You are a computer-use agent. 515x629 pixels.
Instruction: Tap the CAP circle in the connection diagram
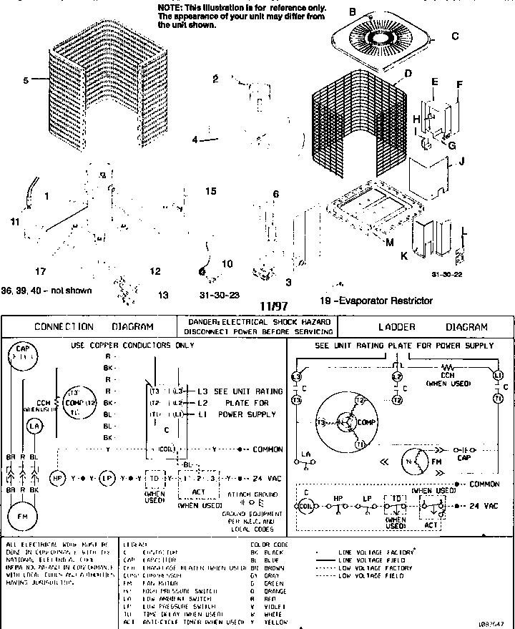[22, 355]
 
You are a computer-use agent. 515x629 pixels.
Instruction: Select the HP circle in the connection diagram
[57, 477]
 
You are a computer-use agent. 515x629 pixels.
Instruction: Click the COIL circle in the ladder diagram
[305, 505]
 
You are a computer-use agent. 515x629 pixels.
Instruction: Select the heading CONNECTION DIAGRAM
[94, 327]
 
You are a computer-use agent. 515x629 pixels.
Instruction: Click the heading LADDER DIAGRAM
[426, 327]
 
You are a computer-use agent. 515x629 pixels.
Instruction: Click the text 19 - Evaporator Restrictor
[376, 301]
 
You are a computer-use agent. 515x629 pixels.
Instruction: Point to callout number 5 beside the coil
[26, 81]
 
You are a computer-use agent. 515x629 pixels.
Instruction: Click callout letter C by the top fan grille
[454, 36]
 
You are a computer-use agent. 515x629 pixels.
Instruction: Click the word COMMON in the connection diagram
[268, 449]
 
